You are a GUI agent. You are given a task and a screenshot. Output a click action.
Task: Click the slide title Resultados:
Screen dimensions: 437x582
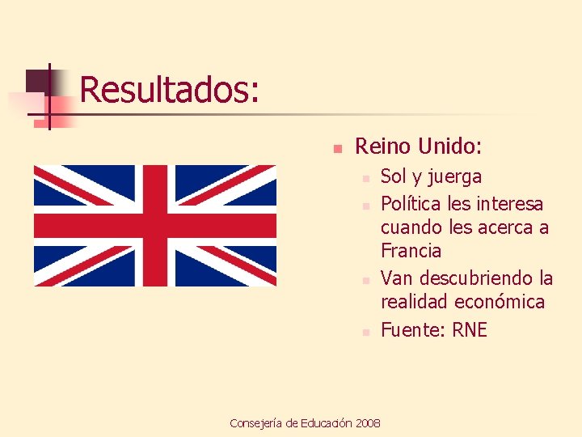(x=170, y=89)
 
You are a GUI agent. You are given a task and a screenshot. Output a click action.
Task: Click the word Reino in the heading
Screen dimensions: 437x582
(x=384, y=146)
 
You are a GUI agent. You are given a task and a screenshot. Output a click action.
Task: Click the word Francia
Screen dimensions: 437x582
(x=411, y=251)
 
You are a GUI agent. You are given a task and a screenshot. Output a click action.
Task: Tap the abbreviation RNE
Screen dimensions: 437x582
(x=470, y=330)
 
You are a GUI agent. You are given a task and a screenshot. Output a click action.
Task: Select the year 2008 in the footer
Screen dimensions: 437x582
(x=368, y=423)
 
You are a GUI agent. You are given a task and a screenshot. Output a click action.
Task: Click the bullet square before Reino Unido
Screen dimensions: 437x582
(x=339, y=149)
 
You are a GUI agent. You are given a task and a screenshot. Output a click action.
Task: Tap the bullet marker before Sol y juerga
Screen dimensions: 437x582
(x=365, y=178)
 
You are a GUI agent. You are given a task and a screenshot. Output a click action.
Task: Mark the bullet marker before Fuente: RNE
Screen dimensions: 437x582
(x=365, y=332)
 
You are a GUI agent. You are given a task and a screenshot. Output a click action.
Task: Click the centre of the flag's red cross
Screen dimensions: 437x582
(x=155, y=226)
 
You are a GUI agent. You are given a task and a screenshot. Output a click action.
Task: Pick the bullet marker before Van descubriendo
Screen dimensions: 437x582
(x=365, y=280)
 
